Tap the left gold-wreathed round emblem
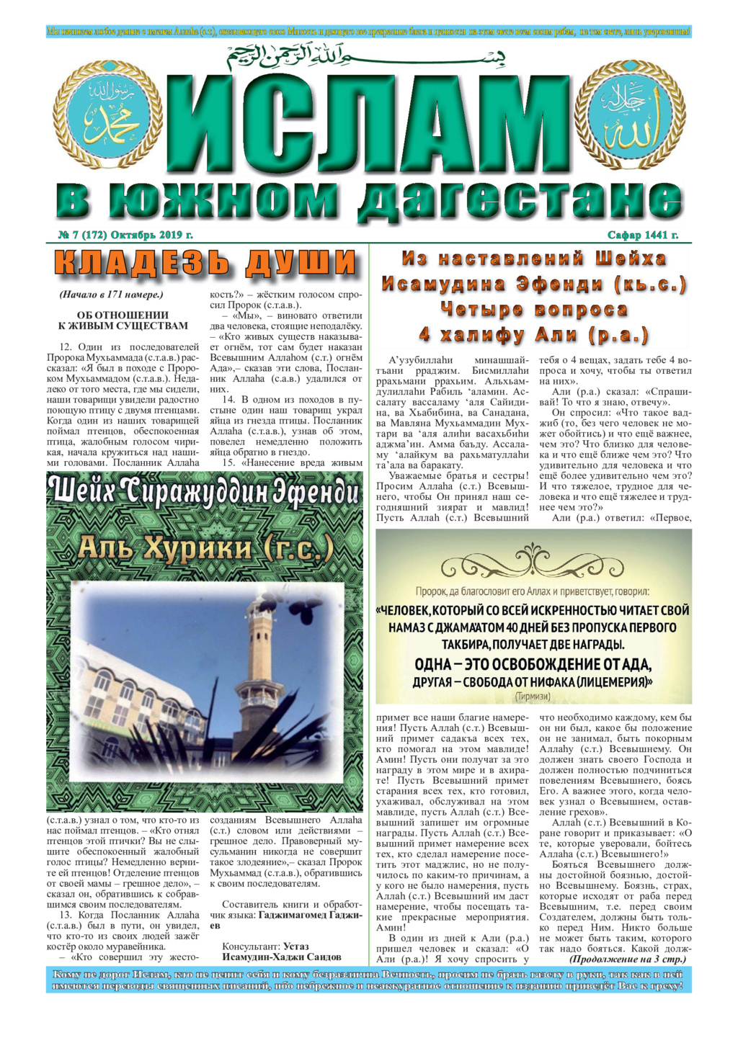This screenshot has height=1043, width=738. coord(117,115)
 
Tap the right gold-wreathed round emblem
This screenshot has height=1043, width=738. coord(630,115)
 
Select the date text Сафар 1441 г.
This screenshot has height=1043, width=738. coord(643,235)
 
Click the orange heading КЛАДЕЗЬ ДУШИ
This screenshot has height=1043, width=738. coord(205,263)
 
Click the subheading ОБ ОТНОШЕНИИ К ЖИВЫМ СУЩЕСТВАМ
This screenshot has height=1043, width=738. coord(123,321)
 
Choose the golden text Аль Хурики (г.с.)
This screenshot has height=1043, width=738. coord(205,549)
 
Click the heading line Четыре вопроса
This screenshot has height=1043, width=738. coord(534,310)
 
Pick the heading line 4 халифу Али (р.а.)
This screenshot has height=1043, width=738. coord(534,336)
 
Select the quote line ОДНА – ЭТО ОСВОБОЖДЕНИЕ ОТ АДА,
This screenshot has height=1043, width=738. coord(533,664)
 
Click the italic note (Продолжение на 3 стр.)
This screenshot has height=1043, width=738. coord(627,959)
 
